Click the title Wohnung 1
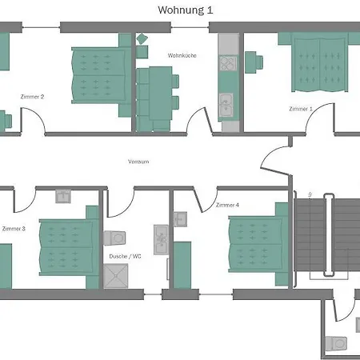tap(186, 10)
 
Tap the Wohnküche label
tap(182, 55)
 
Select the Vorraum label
tap(138, 162)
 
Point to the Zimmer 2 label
tap(32, 97)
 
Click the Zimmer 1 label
tap(301, 109)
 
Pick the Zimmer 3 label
tap(14, 229)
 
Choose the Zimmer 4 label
tap(227, 205)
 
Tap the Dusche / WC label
tap(125, 256)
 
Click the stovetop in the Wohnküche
tap(228, 63)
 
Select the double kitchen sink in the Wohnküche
tap(226, 105)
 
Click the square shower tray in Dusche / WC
tap(116, 276)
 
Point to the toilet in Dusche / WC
tap(114, 238)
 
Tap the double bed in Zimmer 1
tap(319, 62)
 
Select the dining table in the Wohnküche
tap(160, 94)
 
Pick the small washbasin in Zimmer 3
tap(63, 196)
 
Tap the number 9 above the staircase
tap(310, 194)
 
